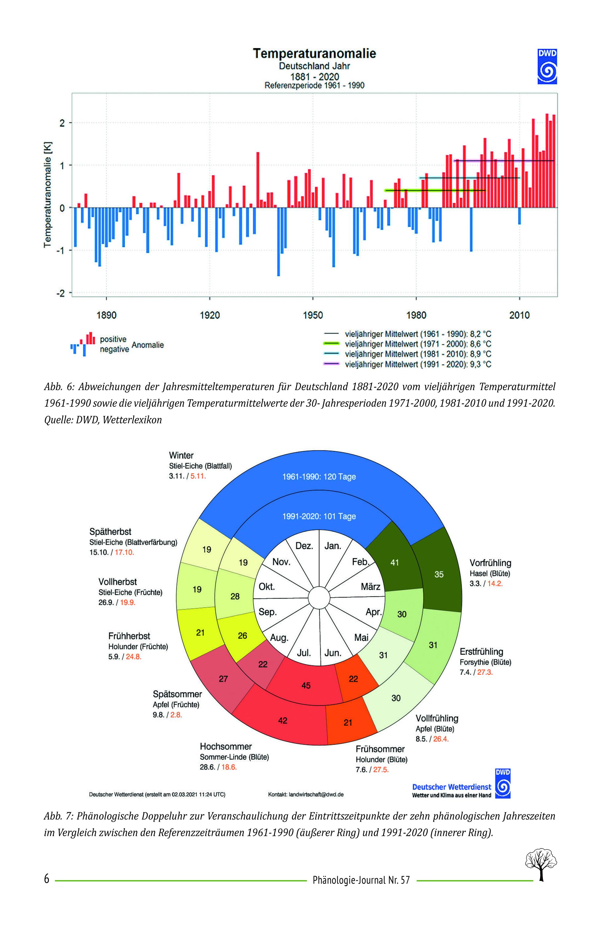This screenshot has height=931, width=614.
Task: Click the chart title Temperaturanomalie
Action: click(314, 53)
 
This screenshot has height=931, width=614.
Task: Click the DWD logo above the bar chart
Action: click(547, 66)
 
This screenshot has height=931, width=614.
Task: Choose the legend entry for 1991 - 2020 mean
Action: click(407, 364)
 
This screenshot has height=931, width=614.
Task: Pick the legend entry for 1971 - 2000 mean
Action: click(407, 344)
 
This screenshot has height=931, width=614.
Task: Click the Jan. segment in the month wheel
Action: click(332, 546)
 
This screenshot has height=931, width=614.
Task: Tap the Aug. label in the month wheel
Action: click(279, 638)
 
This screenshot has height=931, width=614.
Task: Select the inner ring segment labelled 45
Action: click(306, 685)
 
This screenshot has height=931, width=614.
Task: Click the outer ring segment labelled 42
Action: click(282, 720)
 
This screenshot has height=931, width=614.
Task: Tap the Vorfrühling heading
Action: click(490, 563)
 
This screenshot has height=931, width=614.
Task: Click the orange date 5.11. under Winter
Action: click(198, 476)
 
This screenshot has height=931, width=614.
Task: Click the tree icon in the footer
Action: click(541, 867)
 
